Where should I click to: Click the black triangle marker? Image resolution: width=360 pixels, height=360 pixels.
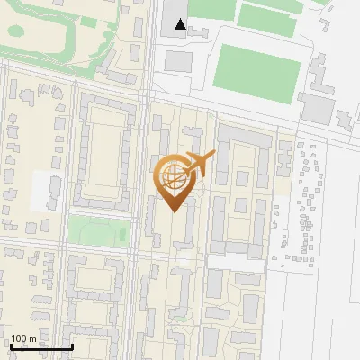(x=181, y=24)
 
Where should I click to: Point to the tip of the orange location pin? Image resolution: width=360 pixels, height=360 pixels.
(x=174, y=212)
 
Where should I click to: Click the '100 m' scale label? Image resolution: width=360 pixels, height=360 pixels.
(x=23, y=339)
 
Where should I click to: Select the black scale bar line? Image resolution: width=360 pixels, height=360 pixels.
(x=40, y=347)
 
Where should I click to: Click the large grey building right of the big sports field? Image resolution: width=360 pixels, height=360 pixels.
(x=317, y=108)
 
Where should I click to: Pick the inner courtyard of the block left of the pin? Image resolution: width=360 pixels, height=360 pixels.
(x=109, y=148)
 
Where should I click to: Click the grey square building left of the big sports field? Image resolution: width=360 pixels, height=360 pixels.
(x=178, y=62)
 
